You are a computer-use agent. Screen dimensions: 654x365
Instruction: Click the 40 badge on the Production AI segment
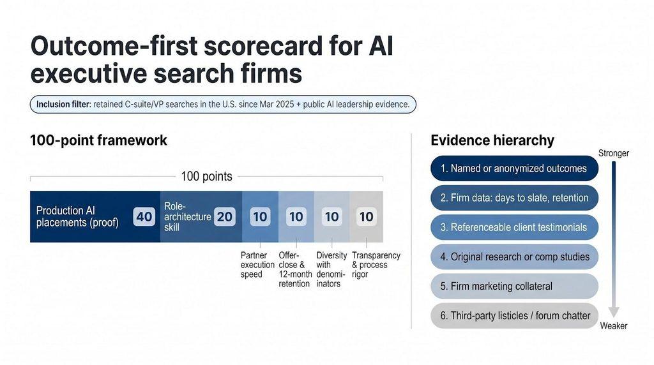(144, 217)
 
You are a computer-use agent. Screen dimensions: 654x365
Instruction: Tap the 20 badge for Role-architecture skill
(224, 217)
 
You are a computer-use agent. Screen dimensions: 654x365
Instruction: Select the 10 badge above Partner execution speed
(261, 217)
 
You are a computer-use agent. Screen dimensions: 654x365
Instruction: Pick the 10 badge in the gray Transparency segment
(367, 217)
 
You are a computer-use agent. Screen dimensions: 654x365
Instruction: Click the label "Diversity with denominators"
(331, 269)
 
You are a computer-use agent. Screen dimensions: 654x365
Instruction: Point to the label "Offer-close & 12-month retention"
(295, 269)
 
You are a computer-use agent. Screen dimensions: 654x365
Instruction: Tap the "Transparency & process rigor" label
(376, 265)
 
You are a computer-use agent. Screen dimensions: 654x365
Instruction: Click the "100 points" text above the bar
(206, 177)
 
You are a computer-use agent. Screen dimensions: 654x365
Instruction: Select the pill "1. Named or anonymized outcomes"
(514, 168)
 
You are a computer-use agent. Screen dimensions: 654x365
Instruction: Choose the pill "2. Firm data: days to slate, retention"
(514, 198)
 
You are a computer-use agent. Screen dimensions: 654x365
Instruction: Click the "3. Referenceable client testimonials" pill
(514, 228)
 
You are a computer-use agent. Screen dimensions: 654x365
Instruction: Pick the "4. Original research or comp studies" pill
(514, 257)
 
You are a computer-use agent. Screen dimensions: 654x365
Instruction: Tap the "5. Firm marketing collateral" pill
(514, 287)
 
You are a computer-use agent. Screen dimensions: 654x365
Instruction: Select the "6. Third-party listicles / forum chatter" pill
(514, 316)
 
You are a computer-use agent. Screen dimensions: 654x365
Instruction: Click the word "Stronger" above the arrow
(614, 153)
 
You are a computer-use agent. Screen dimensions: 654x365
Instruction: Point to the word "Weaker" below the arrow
(614, 326)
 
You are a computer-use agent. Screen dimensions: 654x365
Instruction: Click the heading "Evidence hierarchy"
(492, 140)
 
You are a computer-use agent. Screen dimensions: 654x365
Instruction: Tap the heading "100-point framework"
(98, 140)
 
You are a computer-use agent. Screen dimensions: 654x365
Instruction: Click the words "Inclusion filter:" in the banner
(63, 104)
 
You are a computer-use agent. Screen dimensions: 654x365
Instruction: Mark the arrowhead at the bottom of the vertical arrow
(614, 313)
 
